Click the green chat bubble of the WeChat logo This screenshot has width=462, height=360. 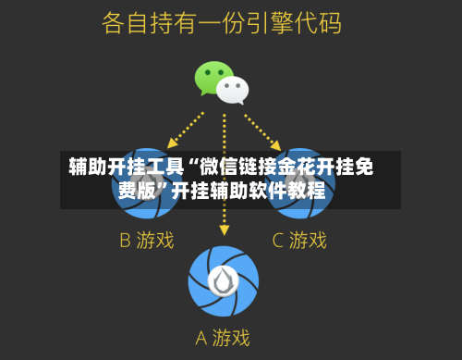coord(212,77)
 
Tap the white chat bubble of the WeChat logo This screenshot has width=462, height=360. coord(233,90)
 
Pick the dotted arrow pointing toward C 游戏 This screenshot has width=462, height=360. coord(263,129)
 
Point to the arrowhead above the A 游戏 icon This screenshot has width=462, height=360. coord(224,229)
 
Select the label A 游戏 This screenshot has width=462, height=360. coord(222,337)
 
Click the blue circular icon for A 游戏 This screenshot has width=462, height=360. coord(224,280)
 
